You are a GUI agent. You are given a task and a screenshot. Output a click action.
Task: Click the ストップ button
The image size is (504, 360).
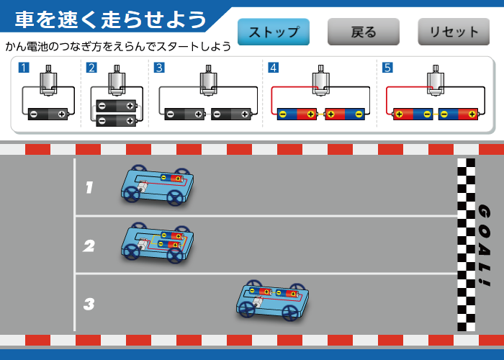[x=274, y=32]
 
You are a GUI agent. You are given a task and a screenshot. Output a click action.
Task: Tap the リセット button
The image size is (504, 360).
[x=454, y=32]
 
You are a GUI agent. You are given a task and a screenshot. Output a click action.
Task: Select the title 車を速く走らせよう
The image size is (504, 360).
[x=111, y=19]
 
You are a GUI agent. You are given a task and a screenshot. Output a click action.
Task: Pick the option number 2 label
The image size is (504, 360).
[x=91, y=68]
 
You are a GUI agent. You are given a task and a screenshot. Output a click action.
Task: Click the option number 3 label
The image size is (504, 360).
[x=159, y=68]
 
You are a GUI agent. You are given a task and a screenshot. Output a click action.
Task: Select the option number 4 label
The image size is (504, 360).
[x=273, y=68]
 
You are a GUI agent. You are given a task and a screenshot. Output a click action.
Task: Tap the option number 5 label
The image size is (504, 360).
[x=387, y=68]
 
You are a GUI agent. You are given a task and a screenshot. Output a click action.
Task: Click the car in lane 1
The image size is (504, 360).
[x=157, y=185]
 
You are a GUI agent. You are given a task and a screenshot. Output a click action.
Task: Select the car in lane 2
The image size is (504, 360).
[x=157, y=242]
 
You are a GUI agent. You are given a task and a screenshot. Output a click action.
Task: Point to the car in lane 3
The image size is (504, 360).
[x=272, y=300]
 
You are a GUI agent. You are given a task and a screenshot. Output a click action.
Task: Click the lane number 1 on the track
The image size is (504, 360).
[x=89, y=188]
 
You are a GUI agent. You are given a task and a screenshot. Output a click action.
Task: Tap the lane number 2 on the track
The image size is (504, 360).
[x=89, y=246]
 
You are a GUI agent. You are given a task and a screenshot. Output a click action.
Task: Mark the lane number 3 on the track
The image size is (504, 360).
[x=89, y=304]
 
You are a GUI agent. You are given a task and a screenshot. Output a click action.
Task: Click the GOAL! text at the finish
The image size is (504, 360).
[x=484, y=245]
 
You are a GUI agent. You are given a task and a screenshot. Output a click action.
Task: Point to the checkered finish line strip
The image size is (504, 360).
[x=466, y=245]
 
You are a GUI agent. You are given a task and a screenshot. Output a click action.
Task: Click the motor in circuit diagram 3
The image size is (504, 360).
[x=208, y=81]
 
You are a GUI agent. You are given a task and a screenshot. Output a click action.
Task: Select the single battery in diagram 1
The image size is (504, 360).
[x=48, y=114]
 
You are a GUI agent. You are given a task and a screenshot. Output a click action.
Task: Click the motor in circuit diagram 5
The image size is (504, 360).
[x=436, y=81]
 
